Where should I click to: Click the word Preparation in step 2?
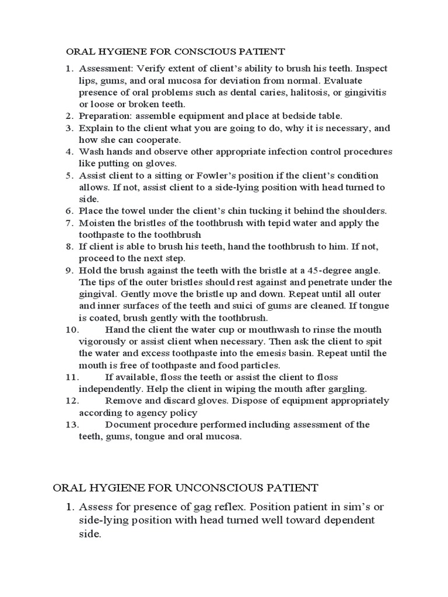tap(106, 116)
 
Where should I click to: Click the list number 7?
tap(69, 223)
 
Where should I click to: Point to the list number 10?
tap(72, 329)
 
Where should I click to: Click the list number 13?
tap(72, 424)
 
